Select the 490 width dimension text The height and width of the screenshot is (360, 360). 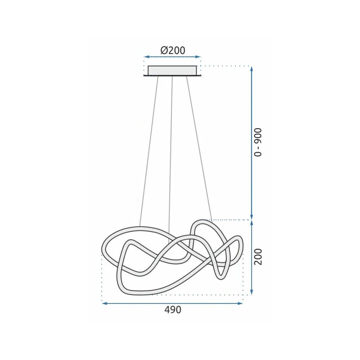pyautogui.click(x=173, y=310)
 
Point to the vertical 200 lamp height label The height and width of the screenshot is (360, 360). pyautogui.click(x=258, y=256)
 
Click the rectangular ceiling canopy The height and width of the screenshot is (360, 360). pyautogui.click(x=172, y=70)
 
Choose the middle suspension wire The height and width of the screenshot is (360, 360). pyautogui.click(x=171, y=151)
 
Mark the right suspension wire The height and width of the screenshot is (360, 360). pyautogui.click(x=199, y=151)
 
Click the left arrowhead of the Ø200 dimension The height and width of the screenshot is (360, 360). pyautogui.click(x=145, y=57)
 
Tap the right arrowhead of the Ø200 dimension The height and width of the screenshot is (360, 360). pyautogui.click(x=199, y=57)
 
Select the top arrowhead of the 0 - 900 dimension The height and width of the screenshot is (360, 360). pyautogui.click(x=252, y=68)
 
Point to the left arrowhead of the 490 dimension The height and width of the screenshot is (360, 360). pyautogui.click(x=104, y=303)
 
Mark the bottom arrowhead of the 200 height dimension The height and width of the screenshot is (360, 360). pyautogui.click(x=252, y=292)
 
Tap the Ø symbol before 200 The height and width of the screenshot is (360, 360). pyautogui.click(x=164, y=50)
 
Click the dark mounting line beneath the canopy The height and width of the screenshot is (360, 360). pyautogui.click(x=172, y=76)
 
